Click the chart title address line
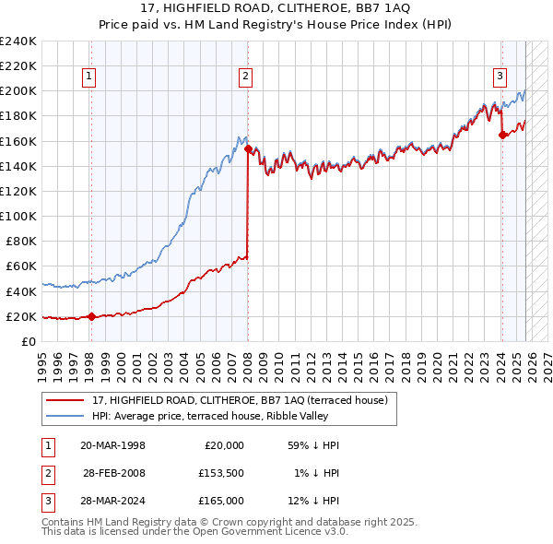click(276, 7)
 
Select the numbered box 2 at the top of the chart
click(246, 77)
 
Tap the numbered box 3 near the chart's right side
click(499, 77)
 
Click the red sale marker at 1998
click(91, 316)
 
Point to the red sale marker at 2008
click(249, 149)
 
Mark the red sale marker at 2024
click(502, 135)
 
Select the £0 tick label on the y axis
click(28, 341)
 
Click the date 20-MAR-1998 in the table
click(112, 445)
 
